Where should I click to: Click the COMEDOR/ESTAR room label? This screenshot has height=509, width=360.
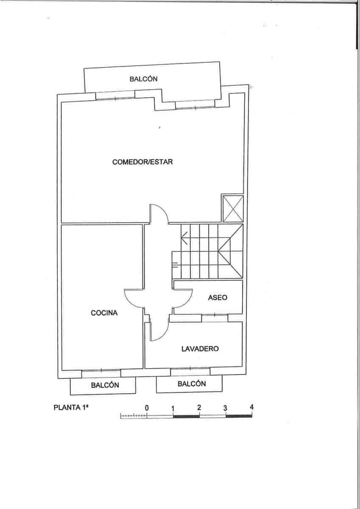tap(142, 162)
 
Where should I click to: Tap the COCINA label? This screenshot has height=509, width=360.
tap(104, 313)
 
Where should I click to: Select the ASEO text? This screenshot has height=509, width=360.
tap(218, 298)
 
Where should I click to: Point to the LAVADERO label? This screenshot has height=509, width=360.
tap(200, 349)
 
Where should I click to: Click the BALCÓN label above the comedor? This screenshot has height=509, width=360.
tap(144, 79)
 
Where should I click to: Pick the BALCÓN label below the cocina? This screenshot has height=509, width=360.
tap(105, 385)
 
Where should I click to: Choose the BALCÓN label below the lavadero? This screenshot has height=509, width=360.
tap(192, 384)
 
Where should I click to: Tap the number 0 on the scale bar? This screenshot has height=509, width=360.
tap(147, 408)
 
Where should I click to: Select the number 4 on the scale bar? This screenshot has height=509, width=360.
tap(252, 407)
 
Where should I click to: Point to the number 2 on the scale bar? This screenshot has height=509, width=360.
tap(199, 407)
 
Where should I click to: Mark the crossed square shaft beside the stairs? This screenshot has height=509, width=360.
tap(233, 208)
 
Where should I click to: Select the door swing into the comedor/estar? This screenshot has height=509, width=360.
tap(159, 213)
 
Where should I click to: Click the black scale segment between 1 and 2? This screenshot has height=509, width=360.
tap(186, 416)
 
